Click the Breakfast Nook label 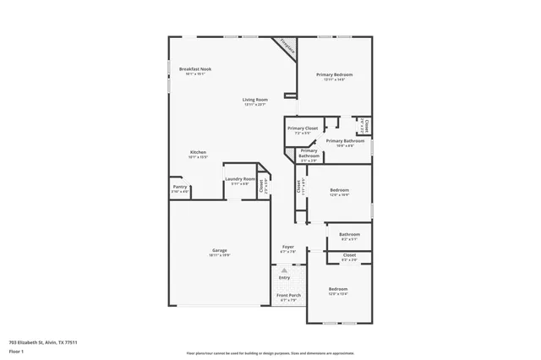pos(194,68)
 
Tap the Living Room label pos(255,100)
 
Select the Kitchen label pos(197,152)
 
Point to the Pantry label pos(180,187)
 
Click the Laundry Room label pos(239,179)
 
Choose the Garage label pos(220,250)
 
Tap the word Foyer pos(287,247)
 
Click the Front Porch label pos(288,295)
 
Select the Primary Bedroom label pos(334,75)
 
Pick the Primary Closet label pos(303,128)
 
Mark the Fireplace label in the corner pos(288,47)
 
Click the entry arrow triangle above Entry pos(284,270)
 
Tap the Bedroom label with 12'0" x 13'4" pos(337,289)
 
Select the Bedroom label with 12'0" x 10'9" pos(339,190)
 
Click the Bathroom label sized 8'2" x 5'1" pos(349,234)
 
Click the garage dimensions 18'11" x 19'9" pos(220,255)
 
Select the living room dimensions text pos(255,105)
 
